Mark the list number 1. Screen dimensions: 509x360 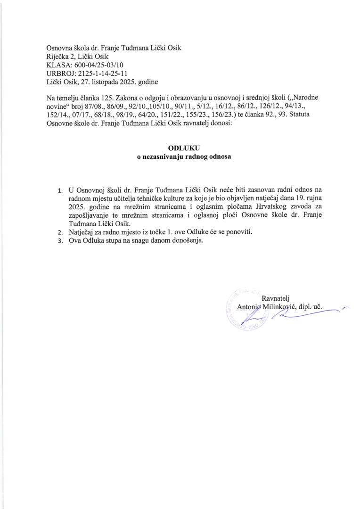pos(60,191)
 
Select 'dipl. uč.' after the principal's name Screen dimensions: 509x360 pos(307,307)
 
